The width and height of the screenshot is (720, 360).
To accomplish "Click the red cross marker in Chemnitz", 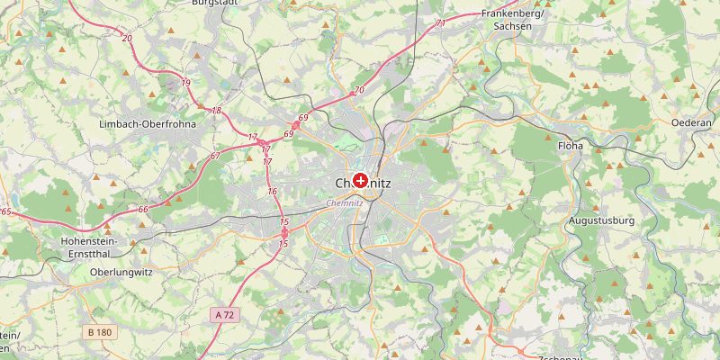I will coord(361,181).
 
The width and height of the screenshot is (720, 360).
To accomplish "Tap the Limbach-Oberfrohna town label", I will coord(148,124).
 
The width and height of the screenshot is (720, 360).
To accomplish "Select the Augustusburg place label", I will coord(601,220).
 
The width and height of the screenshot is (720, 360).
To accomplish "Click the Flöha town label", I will coord(571,145).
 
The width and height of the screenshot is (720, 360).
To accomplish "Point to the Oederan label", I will coord(691,121).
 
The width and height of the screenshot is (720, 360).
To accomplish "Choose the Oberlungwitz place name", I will coord(121,272).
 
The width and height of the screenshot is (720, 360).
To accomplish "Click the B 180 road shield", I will coord(100,332).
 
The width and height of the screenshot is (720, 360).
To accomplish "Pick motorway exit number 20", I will coord(127,39).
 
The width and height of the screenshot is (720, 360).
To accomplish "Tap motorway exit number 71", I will coord(440,23).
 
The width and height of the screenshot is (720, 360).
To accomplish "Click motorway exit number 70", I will coord(358,90).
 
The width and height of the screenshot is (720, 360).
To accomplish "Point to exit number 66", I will coord(143,210).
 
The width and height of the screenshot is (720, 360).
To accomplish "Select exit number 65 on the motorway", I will coord(5,211).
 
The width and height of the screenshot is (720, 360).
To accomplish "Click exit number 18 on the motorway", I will coord(216,111).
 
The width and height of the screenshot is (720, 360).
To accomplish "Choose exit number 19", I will coord(186,83).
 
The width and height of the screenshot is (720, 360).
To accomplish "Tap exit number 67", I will coord(215,157).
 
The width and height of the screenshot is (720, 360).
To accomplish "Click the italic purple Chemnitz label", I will coord(345,203).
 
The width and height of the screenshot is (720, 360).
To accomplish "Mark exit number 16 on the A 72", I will coord(272,192).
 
